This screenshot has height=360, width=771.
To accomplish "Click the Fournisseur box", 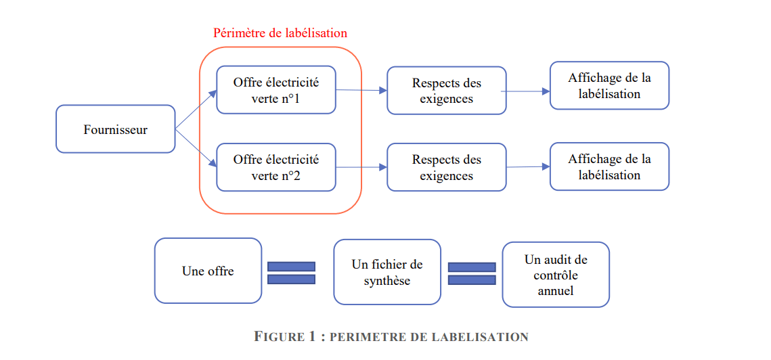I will click(x=115, y=129).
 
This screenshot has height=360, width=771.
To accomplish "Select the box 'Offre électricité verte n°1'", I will click(x=276, y=90).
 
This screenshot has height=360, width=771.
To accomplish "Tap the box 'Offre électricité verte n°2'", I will click(x=276, y=167).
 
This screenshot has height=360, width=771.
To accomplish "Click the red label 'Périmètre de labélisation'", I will click(x=280, y=32).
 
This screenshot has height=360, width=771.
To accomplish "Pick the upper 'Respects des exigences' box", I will click(x=446, y=91).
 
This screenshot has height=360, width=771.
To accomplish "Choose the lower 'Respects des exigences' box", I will click(x=446, y=167).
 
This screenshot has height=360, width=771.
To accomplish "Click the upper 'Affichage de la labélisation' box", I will click(x=609, y=85).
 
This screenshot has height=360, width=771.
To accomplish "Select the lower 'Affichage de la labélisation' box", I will click(x=609, y=166).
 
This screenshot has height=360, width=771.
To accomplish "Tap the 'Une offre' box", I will click(x=208, y=271).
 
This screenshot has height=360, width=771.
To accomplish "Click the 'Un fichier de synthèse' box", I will click(x=387, y=272).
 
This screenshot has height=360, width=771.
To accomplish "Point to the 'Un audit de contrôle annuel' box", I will click(x=555, y=275).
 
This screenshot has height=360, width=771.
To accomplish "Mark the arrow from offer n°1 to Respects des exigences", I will click(x=361, y=90).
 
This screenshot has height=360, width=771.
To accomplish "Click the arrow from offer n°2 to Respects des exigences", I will click(x=361, y=167).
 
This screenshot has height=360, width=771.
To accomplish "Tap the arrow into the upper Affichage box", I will click(x=525, y=91).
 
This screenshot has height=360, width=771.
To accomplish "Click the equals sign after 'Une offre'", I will click(x=291, y=273).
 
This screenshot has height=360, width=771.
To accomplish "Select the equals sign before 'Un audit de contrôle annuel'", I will click(x=471, y=273).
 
